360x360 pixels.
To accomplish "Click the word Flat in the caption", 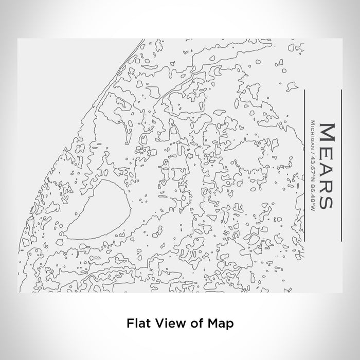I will click(137, 323).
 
